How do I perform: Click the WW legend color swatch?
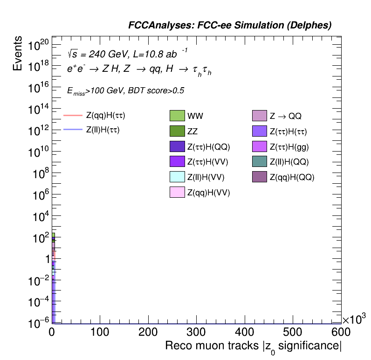pos(178,116)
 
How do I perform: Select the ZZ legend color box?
pos(178,132)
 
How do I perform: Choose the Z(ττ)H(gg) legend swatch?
pos(259,146)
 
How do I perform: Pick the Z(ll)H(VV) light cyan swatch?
pos(178,177)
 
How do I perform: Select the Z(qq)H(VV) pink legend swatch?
pos(178,192)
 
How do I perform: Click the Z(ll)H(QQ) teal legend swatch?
pos(259,162)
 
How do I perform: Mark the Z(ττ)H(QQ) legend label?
pos(208,147)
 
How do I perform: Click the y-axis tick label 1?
pos(45,259)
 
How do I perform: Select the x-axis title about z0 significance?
pos(253,347)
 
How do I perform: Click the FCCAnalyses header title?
pos(230,26)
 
